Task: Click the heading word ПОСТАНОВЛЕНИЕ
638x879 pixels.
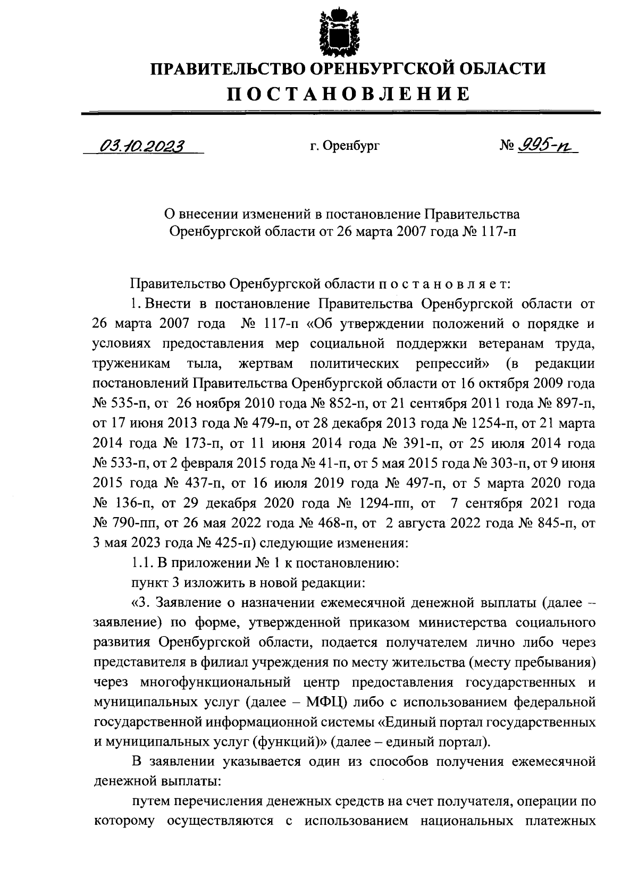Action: tap(349, 94)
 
